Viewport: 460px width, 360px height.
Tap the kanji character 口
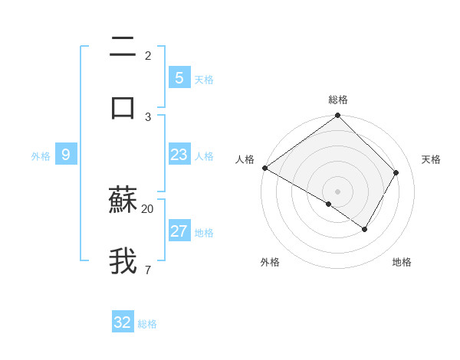[123, 106]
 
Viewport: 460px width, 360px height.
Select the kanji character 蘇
[123, 201]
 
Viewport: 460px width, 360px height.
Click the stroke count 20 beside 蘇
[148, 208]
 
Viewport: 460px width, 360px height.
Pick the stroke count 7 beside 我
[147, 270]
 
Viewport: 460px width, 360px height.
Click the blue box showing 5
[179, 77]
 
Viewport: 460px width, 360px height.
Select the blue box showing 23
[179, 155]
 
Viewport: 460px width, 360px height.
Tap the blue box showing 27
[179, 231]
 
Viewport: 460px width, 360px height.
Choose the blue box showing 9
[66, 155]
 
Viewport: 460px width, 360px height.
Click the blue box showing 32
[123, 322]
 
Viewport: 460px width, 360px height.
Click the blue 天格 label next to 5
[204, 80]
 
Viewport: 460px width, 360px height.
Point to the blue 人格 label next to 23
[204, 156]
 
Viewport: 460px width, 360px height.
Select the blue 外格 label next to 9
[41, 156]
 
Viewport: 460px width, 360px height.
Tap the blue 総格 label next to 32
[147, 325]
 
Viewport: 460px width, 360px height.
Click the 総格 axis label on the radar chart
[338, 100]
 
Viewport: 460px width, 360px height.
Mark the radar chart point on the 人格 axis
[264, 168]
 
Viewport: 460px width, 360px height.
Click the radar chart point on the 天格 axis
[396, 173]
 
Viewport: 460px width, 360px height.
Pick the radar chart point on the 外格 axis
[328, 204]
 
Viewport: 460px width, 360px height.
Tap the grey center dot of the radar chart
[337, 191]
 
